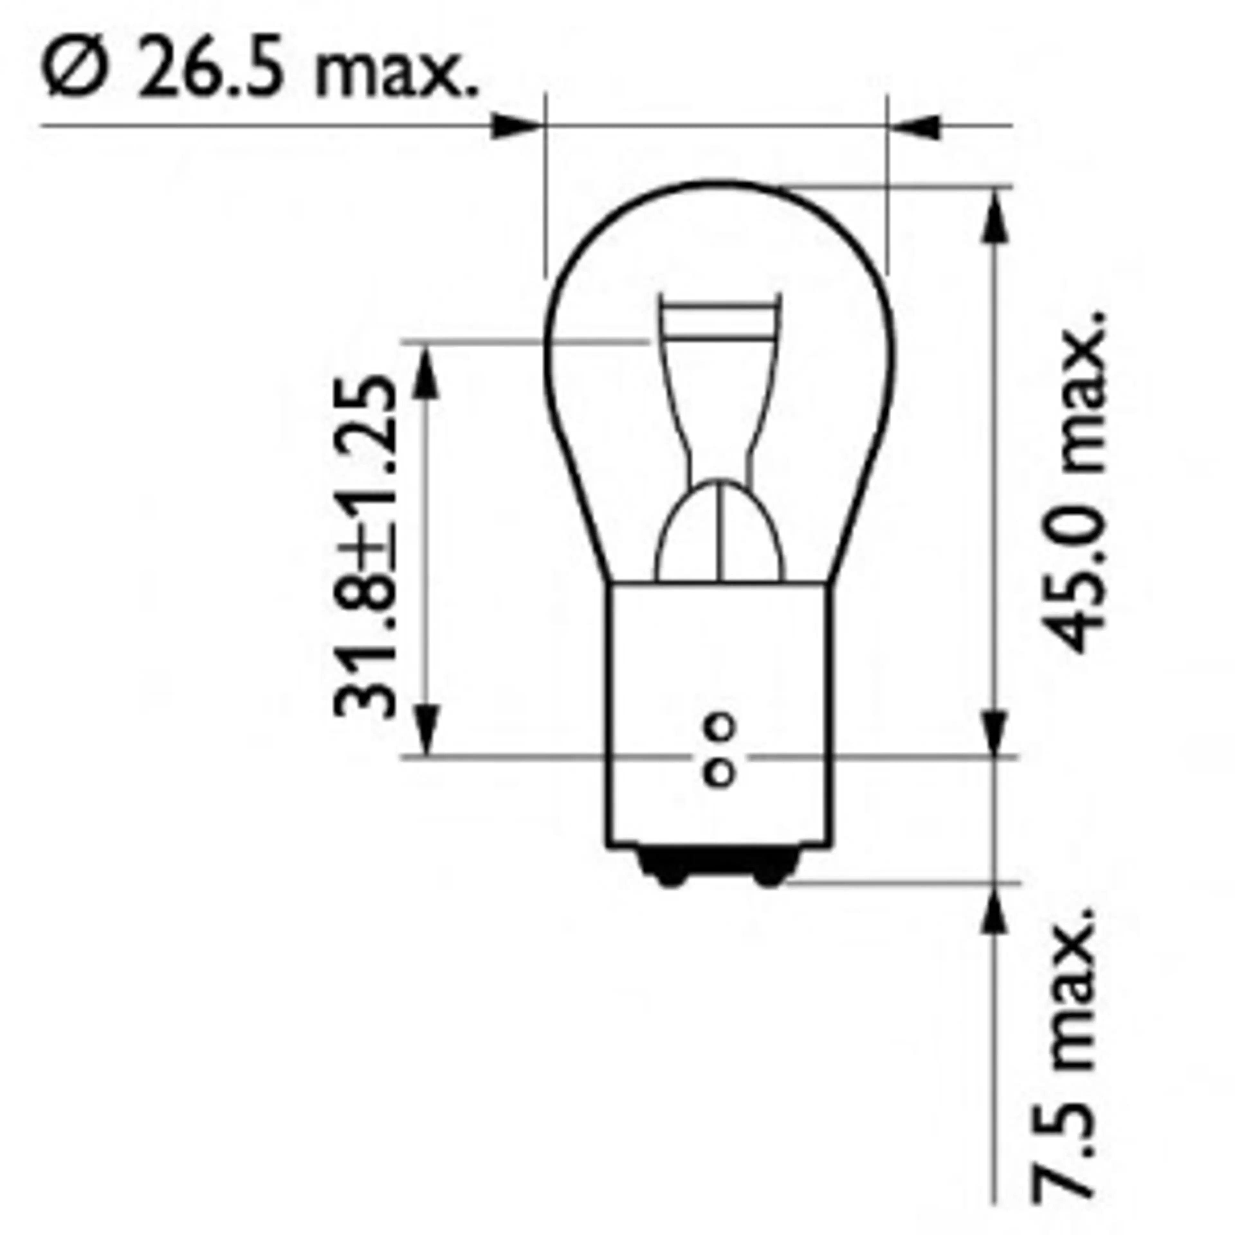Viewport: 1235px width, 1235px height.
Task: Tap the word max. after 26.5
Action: click(x=396, y=74)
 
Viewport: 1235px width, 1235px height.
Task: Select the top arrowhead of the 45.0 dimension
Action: click(x=993, y=217)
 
